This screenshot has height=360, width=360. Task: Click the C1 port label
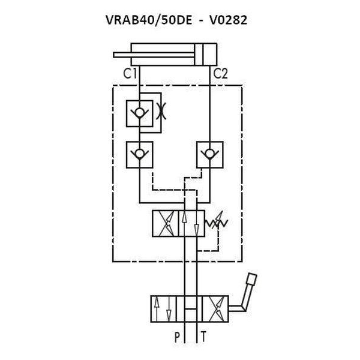[130, 73]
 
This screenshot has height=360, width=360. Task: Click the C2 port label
[221, 74]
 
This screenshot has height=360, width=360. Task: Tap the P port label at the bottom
[177, 337]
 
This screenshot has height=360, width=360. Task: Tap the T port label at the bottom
[203, 337]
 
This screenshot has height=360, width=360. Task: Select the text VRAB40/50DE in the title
[149, 20]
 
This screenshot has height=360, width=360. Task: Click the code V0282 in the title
[228, 20]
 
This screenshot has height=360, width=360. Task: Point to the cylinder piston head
[199, 55]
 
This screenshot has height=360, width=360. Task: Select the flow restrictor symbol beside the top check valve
[161, 111]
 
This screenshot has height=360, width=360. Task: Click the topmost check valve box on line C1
[140, 113]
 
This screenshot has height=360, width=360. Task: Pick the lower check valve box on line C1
[140, 155]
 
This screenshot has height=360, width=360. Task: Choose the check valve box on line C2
[210, 155]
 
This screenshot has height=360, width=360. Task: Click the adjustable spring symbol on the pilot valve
[217, 222]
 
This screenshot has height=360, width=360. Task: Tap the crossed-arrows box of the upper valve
[166, 223]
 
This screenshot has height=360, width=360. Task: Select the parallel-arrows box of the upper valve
[192, 223]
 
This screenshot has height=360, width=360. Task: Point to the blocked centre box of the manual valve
[189, 309]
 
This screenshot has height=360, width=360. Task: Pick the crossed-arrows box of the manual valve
[215, 309]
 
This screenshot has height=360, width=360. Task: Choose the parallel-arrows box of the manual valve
[163, 309]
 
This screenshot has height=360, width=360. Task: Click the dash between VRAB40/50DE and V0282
[201, 21]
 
